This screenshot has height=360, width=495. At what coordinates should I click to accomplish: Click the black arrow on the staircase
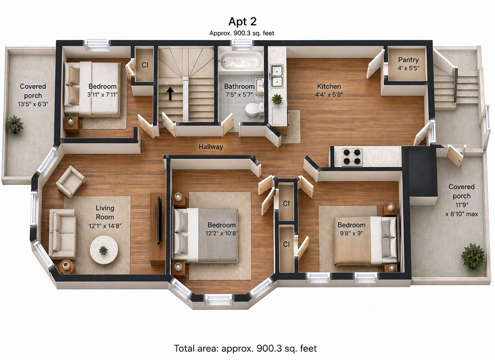[170, 94]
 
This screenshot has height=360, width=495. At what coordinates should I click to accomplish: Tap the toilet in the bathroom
[254, 109]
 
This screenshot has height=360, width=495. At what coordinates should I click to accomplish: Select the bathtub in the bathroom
[241, 60]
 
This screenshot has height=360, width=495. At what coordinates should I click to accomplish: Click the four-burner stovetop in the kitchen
[352, 157]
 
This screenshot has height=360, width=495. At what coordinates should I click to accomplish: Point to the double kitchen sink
[277, 76]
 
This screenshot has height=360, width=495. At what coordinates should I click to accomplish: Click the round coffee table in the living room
[104, 250]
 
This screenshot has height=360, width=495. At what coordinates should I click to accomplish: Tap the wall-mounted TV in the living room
[160, 220]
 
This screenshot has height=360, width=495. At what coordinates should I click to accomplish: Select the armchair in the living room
[70, 181]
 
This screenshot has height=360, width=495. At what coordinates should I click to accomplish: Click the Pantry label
[408, 60]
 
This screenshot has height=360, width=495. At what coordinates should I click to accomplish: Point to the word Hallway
[210, 146]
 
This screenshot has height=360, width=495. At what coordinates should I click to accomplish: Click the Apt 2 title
[242, 22]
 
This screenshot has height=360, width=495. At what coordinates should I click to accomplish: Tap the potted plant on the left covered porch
[14, 124]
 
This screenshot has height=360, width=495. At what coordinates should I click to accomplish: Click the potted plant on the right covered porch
[472, 256]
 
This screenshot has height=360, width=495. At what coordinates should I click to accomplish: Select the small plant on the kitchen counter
[277, 99]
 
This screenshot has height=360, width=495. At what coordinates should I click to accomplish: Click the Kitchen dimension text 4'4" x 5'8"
[329, 94]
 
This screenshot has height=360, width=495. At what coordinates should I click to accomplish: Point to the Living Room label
[105, 212]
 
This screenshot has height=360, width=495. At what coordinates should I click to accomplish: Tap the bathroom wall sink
[260, 85]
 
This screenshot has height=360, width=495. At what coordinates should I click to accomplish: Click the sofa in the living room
[62, 234]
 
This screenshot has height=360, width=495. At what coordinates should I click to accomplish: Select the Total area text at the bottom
[245, 348]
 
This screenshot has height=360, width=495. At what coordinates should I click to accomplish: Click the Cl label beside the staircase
[145, 65]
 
